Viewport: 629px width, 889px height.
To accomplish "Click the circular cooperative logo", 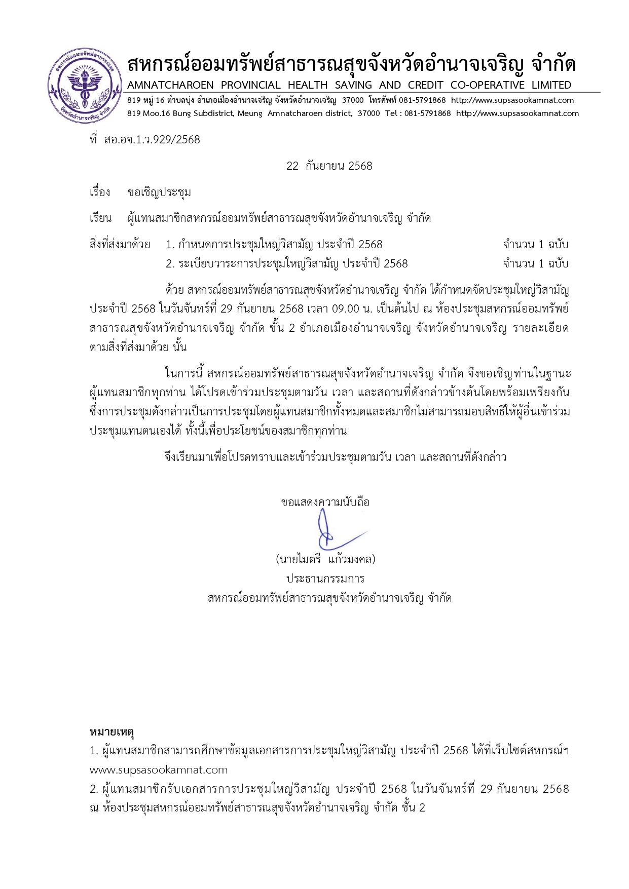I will click(85, 86).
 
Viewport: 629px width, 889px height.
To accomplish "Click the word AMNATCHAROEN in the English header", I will click(170, 85).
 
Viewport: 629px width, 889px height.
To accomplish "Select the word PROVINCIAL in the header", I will click(250, 85).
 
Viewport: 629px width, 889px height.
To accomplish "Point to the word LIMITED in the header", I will click(551, 85).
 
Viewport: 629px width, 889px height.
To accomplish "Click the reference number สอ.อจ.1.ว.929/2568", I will click(152, 140).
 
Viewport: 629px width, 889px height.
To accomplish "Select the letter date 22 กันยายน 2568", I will click(329, 166).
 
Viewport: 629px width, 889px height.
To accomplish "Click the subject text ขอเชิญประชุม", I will click(159, 192).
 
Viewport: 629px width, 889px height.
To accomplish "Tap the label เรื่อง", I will click(100, 192).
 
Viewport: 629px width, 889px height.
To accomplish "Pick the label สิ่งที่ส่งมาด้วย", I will click(120, 245).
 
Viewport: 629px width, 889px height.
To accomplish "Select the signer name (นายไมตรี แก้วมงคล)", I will click(325, 560).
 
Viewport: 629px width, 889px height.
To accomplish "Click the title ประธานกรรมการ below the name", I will click(325, 578).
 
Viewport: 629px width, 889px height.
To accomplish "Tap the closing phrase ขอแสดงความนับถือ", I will click(325, 503).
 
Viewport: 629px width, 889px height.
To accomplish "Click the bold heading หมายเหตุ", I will click(112, 732).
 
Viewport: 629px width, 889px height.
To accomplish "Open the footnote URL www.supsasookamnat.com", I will click(159, 770).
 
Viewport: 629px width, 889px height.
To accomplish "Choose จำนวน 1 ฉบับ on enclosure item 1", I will click(536, 245).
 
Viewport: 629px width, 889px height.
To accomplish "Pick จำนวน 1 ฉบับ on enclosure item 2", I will click(536, 264).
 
